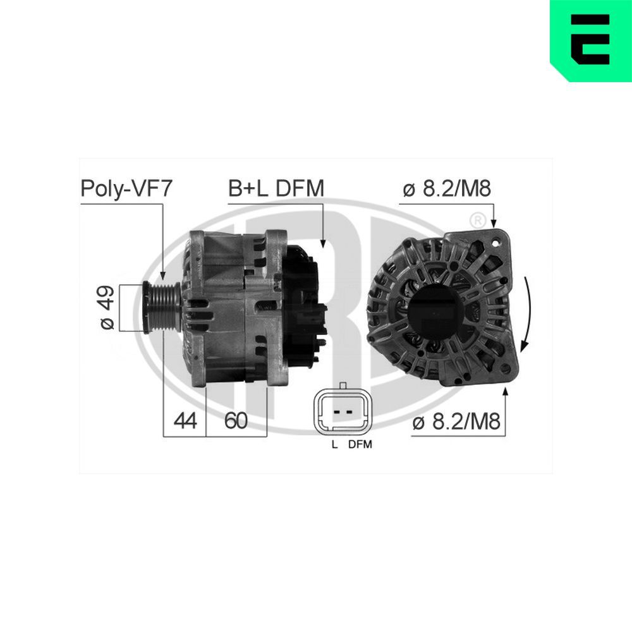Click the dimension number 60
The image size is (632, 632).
(x=236, y=420)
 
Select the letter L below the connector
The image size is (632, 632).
(x=334, y=444)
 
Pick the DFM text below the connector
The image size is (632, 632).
(x=360, y=444)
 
